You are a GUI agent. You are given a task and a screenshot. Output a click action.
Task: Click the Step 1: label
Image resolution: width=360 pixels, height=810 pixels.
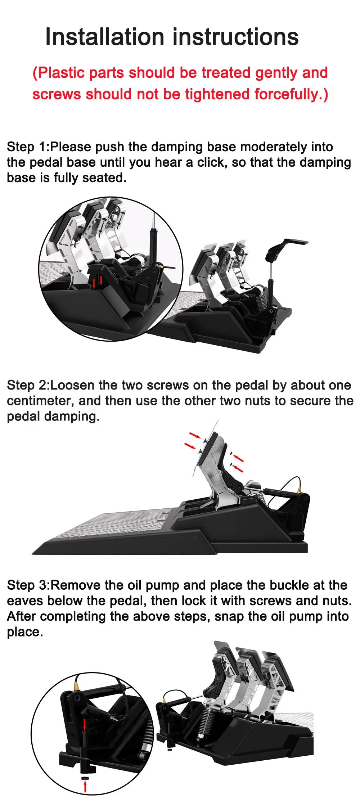(28, 147)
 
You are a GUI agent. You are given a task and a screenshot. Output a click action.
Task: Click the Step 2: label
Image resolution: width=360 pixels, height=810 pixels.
(28, 385)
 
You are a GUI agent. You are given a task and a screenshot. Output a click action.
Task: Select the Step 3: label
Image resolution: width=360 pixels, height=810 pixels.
(28, 585)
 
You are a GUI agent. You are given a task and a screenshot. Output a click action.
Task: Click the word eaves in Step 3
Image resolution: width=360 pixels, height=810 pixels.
(25, 600)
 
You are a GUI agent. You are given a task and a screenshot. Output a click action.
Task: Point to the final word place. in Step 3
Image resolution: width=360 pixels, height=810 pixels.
(25, 632)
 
